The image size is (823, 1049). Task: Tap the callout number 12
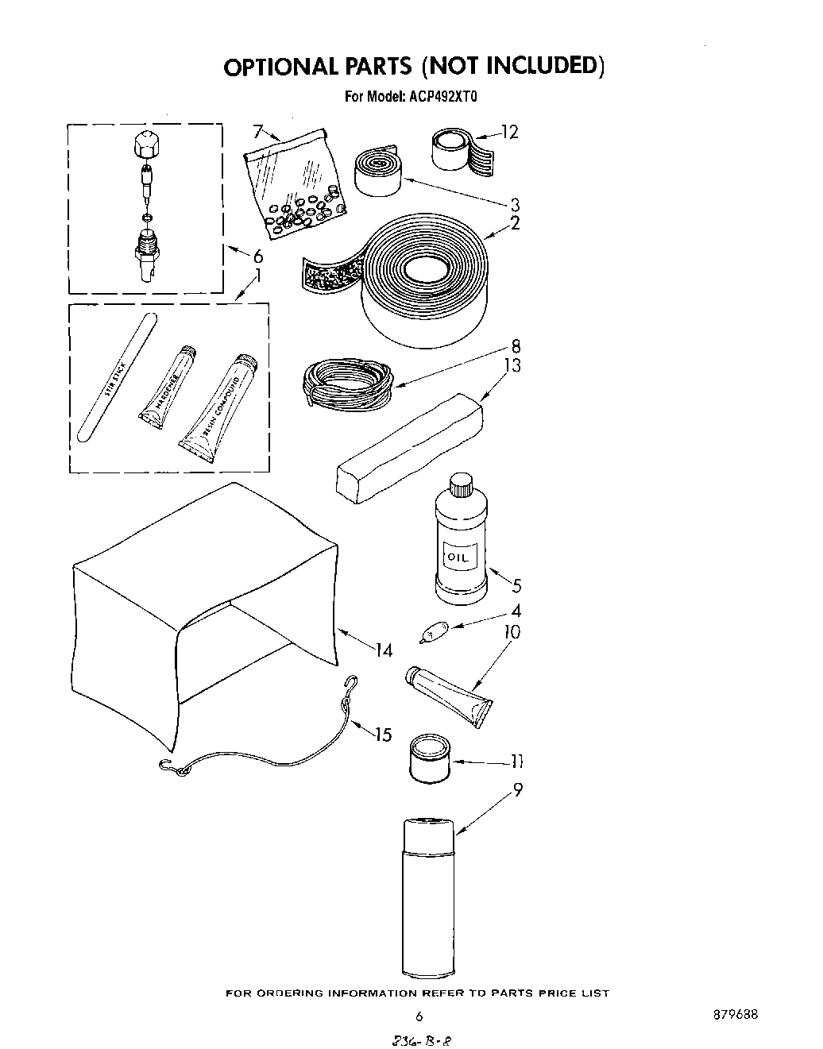coord(509,132)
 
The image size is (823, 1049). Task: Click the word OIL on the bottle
coord(459,557)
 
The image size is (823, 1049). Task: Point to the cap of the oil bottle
coord(460,484)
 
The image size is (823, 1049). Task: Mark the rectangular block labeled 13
coord(410,450)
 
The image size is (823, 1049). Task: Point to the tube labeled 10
coord(449,693)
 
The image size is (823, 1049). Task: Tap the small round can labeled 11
coord(429,761)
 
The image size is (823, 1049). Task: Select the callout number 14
coord(384,650)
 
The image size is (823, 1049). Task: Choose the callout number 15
coord(383,735)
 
